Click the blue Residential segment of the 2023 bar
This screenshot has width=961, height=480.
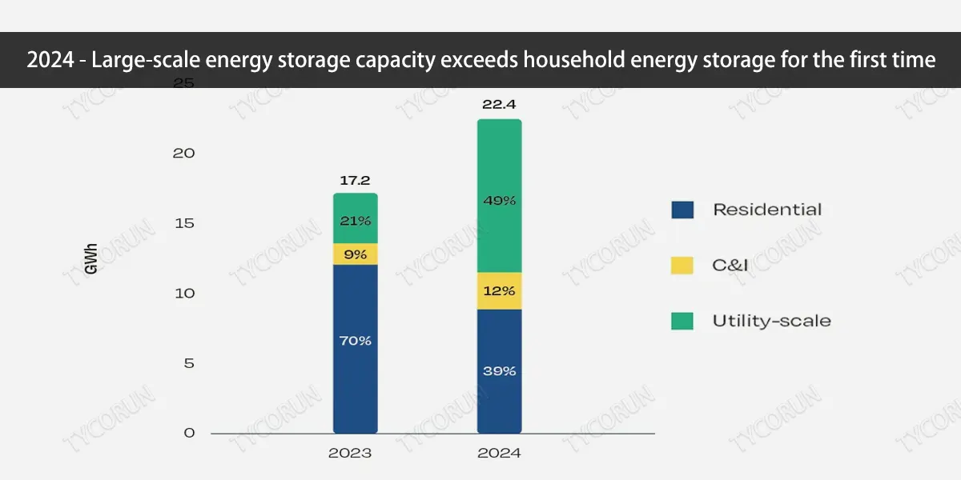tap(355, 376)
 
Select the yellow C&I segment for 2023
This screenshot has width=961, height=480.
tap(355, 254)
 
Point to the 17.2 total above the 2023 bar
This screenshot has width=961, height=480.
tap(355, 181)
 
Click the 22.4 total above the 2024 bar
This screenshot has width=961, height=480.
tap(499, 103)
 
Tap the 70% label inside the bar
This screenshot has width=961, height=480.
tap(355, 341)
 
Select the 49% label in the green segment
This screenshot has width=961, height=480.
tap(499, 201)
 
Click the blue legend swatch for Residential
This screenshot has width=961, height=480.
tap(682, 210)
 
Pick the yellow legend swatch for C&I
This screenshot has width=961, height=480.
tap(682, 265)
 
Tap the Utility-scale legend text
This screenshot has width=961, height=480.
tap(771, 321)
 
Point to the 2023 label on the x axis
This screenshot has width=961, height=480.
tap(350, 453)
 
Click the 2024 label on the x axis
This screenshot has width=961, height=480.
tap(499, 453)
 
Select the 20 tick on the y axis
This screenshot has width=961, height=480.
tap(183, 153)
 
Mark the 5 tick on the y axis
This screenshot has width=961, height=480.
tap(189, 363)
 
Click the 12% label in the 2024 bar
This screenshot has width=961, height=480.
tap(499, 291)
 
